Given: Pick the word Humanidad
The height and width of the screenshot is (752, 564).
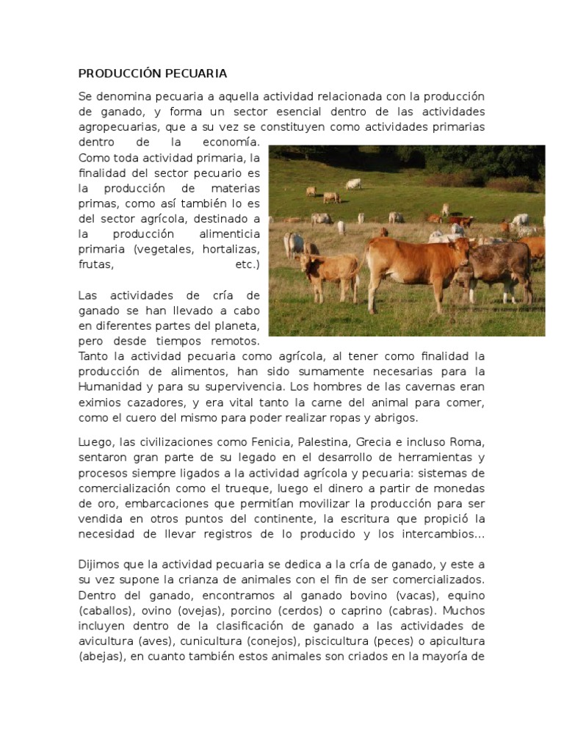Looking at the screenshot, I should click(110, 386).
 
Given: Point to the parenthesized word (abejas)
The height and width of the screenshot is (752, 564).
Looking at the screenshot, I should click(101, 657).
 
